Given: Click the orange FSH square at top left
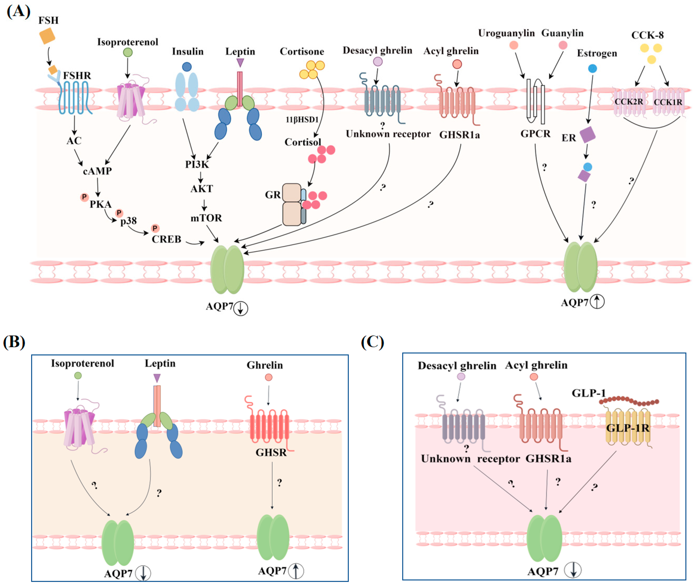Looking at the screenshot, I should pyautogui.click(x=47, y=36).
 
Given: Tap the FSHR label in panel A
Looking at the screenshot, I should pyautogui.click(x=77, y=76).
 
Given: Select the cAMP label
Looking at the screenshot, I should pyautogui.click(x=97, y=171).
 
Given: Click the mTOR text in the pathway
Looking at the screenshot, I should pyautogui.click(x=206, y=218).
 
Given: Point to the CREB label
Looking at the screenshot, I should pyautogui.click(x=166, y=239).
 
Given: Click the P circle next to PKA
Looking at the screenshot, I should pyautogui.click(x=84, y=197).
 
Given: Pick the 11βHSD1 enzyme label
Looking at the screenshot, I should pyautogui.click(x=302, y=119).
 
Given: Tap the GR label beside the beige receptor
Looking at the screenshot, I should pyautogui.click(x=273, y=195).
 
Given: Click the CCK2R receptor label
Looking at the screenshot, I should pyautogui.click(x=628, y=102).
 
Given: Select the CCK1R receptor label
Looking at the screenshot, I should pyautogui.click(x=668, y=102).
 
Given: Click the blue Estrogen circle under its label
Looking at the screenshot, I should pyautogui.click(x=592, y=68).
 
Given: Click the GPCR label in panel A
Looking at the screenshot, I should pyautogui.click(x=535, y=134).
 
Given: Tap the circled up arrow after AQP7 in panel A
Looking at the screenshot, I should pyautogui.click(x=597, y=302).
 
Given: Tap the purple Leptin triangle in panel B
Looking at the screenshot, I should pyautogui.click(x=157, y=378).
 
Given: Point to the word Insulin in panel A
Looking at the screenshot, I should pyautogui.click(x=187, y=52).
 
